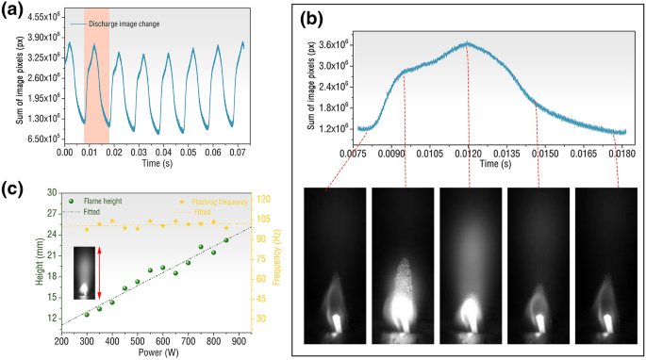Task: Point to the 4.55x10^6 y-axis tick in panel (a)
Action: (44, 17)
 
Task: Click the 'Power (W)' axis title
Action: (153, 355)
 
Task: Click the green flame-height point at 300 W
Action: (87, 314)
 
